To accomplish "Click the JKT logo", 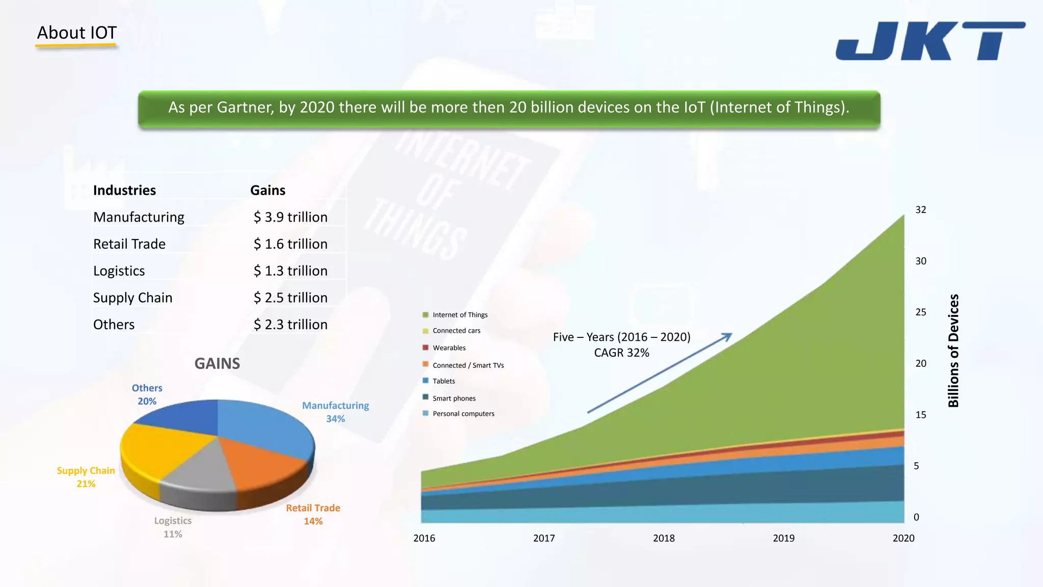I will coord(930,41).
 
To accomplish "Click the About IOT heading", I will coord(77,33).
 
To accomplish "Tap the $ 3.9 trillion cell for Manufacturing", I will coord(290,217).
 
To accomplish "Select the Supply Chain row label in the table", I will coord(132,298).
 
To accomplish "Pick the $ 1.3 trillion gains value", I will coord(290,271).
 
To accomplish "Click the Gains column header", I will coord(267,191).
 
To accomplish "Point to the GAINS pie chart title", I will coord(217,364).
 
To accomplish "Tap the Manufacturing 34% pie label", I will coord(335,412).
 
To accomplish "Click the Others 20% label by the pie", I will coord(147,394).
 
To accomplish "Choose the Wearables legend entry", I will coord(449,348).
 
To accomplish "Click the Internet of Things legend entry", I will coord(459,315).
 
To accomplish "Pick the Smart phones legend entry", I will coord(454,398).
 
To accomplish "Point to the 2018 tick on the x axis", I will coord(664,538).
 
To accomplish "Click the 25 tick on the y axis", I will coord(921,312).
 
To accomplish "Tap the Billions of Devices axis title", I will coord(953,351).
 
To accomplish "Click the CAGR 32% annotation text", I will coord(621,353).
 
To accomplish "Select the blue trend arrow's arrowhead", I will coord(728,336).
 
